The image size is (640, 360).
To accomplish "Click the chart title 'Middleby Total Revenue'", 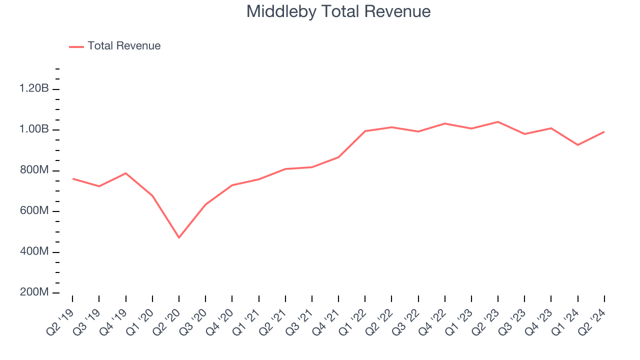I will click(x=338, y=11).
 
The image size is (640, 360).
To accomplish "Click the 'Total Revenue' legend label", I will click(x=124, y=46).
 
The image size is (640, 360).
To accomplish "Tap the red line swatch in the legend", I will click(x=76, y=46).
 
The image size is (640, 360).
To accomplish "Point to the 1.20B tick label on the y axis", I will click(x=34, y=89).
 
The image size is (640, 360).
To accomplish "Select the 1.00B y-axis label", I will click(x=34, y=129).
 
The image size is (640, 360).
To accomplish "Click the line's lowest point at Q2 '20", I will click(x=179, y=237).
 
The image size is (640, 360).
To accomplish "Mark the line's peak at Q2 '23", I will click(x=498, y=122).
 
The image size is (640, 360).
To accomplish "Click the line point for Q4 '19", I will click(x=125, y=173).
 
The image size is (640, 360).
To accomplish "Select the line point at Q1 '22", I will click(x=365, y=131).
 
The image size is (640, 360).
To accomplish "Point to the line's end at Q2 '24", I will click(x=604, y=132).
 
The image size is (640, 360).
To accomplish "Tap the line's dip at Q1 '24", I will click(x=578, y=145).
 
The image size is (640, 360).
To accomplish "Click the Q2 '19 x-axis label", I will click(x=60, y=318).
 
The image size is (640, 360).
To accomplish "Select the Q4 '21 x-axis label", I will click(x=326, y=318).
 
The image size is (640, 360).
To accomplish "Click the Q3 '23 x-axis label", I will click(x=512, y=318).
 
